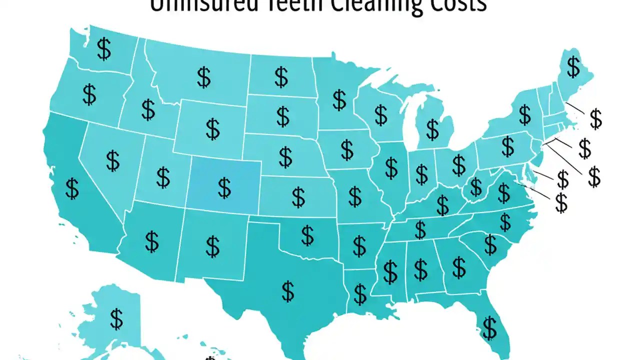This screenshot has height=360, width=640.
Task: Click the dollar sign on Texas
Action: click(288, 291)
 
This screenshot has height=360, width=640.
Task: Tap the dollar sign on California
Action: click(72, 188)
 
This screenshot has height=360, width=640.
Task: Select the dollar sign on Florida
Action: click(489, 327)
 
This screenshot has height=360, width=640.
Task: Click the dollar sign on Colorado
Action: click(224, 187)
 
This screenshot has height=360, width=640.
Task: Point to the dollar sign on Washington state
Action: click(104, 49)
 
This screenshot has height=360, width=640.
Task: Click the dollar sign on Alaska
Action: click(116, 318)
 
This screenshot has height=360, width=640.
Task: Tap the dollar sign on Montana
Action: click(203, 77)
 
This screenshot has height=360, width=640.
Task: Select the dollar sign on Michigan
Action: click(432, 129)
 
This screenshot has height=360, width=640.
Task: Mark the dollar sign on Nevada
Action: click(113, 160)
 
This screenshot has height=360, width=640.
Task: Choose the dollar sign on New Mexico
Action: click(212, 246)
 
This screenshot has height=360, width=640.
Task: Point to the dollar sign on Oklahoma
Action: click(307, 235)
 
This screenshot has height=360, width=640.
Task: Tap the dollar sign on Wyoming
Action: click(212, 128)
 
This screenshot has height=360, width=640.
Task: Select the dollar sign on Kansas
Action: click(298, 197)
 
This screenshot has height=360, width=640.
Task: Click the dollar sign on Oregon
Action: click(89, 94)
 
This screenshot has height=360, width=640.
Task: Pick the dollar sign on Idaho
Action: click(148, 109)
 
